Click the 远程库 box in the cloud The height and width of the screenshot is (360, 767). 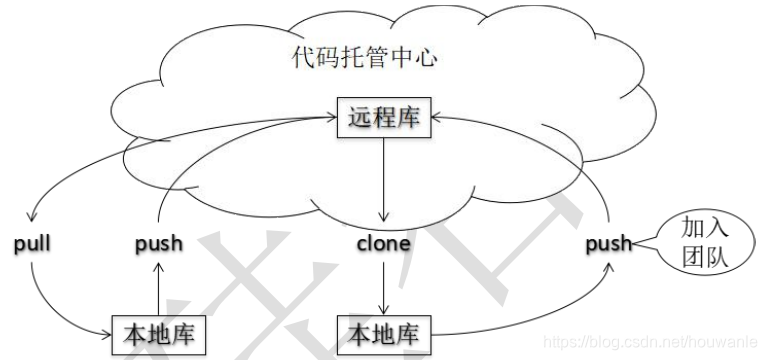[x=382, y=119]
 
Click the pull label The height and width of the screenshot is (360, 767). [x=33, y=243]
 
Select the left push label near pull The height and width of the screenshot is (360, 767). [x=157, y=243]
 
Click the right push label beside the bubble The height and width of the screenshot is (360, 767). [x=609, y=243]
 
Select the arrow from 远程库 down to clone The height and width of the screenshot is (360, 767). [x=382, y=180]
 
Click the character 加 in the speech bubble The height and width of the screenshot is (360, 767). [x=696, y=226]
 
